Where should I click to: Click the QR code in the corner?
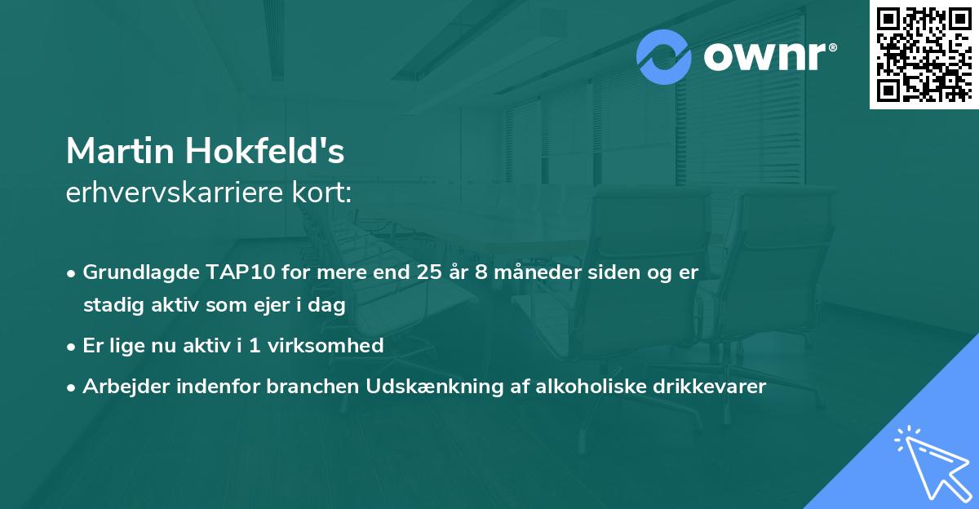coord(924,55)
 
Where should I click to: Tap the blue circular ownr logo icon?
coord(664,57)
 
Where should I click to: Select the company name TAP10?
coord(223,272)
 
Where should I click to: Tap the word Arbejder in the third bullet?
coord(120,387)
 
